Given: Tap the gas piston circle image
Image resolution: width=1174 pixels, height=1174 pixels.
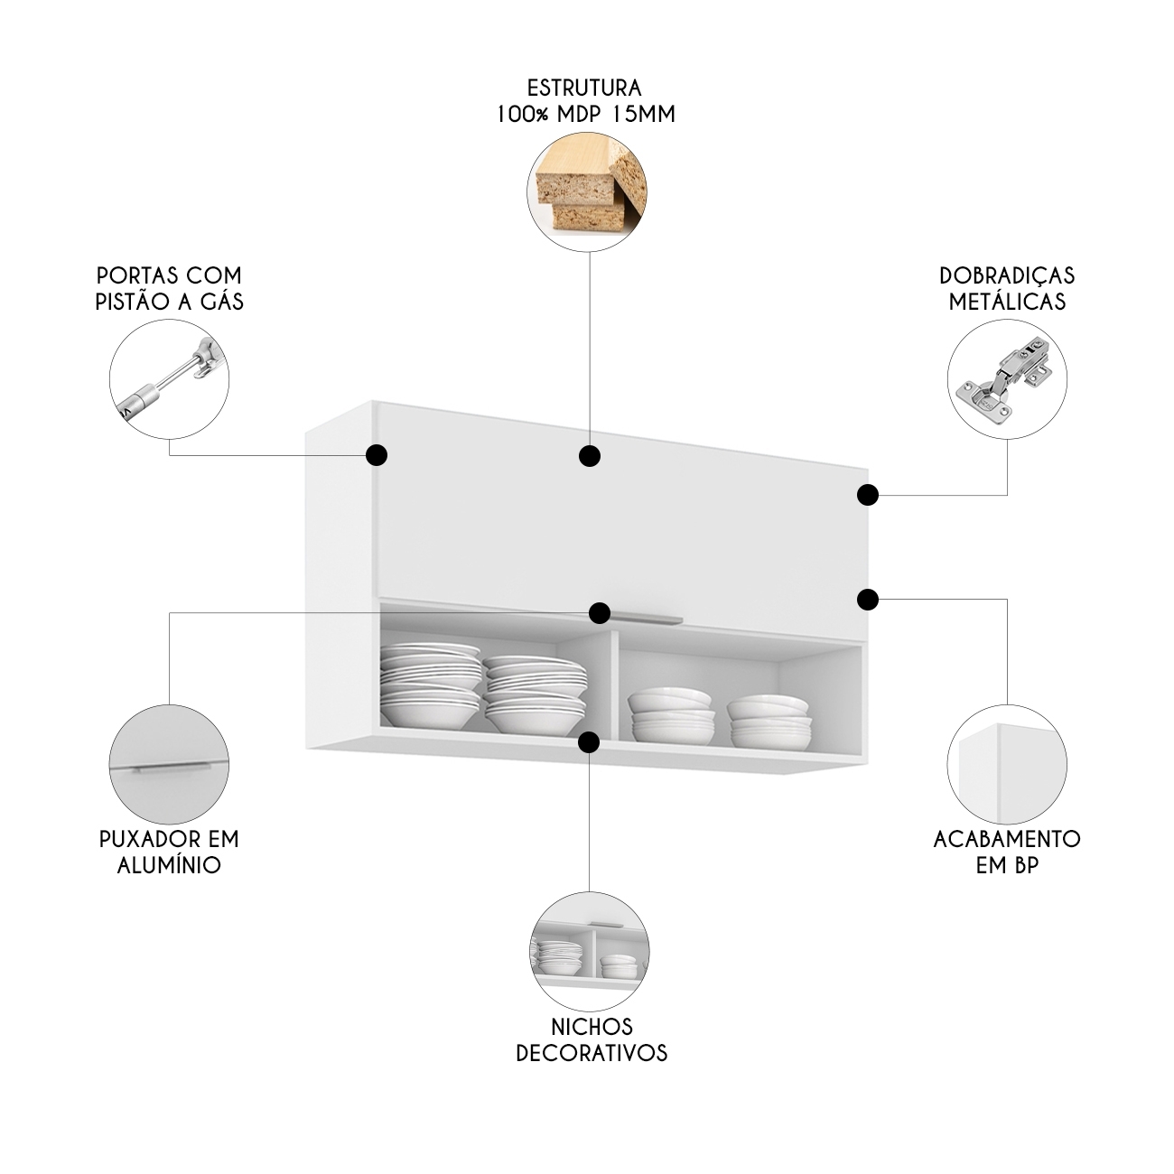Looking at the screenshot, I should click(170, 378).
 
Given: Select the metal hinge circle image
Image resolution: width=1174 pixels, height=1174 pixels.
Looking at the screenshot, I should click(1007, 378).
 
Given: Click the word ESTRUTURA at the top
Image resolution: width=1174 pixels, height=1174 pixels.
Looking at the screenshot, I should click(584, 89).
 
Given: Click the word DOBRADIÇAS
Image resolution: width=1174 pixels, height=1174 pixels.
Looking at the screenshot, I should click(1007, 275).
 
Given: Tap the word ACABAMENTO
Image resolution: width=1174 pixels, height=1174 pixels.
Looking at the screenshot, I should click(1007, 838).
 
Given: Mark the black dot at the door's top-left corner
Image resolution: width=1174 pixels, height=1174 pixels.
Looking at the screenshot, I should click(377, 454).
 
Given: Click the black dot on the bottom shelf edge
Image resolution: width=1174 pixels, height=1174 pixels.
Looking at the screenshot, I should click(589, 742).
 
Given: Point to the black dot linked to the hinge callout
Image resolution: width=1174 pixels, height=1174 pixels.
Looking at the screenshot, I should click(867, 494).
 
